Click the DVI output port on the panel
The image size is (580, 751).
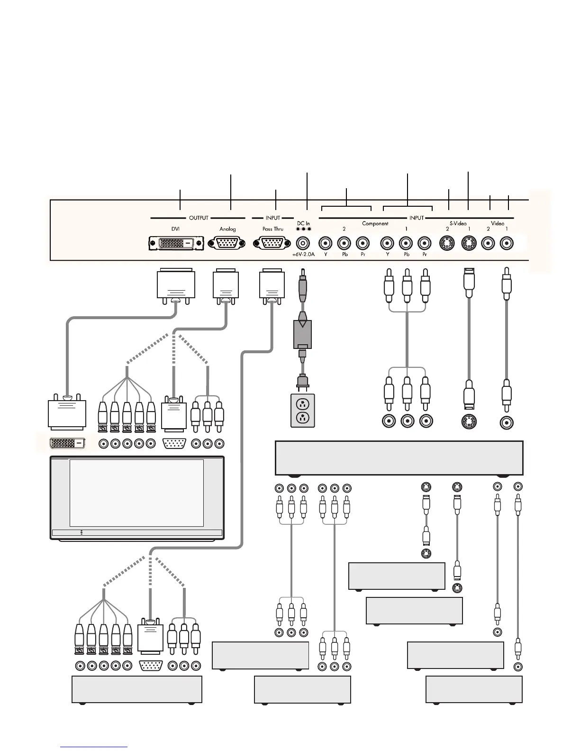click(x=176, y=243)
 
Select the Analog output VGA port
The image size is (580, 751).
click(x=227, y=243)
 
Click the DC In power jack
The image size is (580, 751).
click(x=303, y=243)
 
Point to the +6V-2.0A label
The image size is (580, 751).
click(x=303, y=254)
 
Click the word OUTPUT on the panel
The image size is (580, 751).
click(x=199, y=218)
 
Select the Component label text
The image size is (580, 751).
click(x=375, y=223)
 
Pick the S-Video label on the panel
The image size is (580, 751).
click(x=458, y=223)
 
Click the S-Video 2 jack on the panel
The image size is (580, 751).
click(x=448, y=244)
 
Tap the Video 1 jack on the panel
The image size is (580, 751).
click(x=507, y=244)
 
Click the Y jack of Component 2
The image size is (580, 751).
click(x=325, y=244)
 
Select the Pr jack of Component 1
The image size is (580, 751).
click(x=425, y=244)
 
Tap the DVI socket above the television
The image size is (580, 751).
click(x=68, y=443)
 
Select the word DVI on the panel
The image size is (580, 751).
click(x=175, y=229)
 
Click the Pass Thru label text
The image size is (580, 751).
click(x=272, y=229)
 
